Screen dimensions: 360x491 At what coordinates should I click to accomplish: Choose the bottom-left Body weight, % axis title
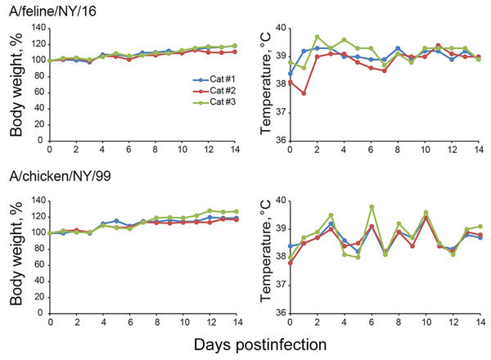14,256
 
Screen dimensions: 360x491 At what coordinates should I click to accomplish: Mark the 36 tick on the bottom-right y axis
281,313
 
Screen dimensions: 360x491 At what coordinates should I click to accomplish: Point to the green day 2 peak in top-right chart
318,38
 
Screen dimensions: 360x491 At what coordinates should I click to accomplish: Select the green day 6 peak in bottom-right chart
372,206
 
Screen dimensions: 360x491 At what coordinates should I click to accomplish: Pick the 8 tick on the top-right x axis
398,151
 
